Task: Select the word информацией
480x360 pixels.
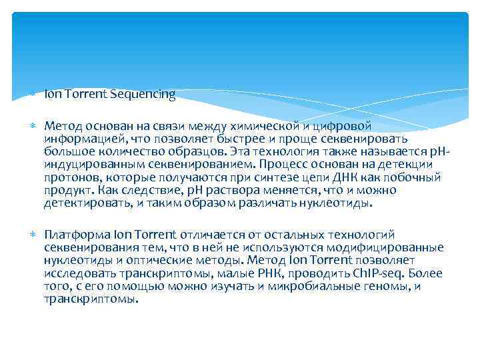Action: pos(79,138)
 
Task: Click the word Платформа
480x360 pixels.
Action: pos(73,235)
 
